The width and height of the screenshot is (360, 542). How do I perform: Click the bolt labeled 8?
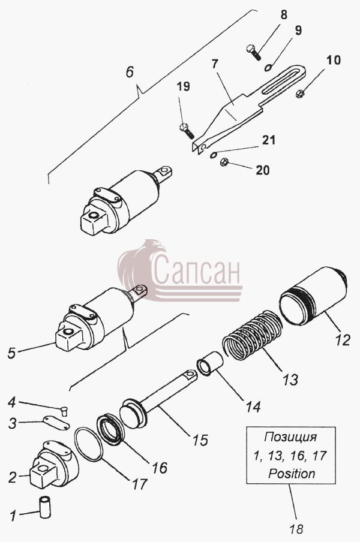pyautogui.click(x=254, y=52)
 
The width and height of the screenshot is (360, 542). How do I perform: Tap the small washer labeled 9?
pyautogui.click(x=268, y=67)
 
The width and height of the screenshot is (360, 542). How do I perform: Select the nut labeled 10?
pyautogui.click(x=300, y=94)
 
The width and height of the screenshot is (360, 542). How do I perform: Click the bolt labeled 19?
pyautogui.click(x=187, y=131)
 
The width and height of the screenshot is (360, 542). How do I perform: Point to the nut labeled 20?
pyautogui.click(x=224, y=161)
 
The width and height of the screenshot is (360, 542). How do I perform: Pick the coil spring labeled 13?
pyautogui.click(x=253, y=335)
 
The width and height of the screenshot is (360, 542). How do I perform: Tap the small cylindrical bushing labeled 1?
pyautogui.click(x=46, y=507)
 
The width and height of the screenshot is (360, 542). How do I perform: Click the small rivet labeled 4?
pyautogui.click(x=64, y=411)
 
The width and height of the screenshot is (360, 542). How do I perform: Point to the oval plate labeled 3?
pyautogui.click(x=56, y=423)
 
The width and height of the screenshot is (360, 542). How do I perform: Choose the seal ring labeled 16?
pyautogui.click(x=110, y=429)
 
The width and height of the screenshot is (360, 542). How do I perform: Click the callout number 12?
pyautogui.click(x=343, y=340)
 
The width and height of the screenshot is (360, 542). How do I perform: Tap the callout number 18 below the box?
pyautogui.click(x=296, y=529)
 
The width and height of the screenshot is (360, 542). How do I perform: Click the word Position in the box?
pyautogui.click(x=292, y=473)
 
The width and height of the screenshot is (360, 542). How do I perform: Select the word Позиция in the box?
pyautogui.click(x=290, y=437)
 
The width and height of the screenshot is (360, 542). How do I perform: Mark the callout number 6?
pyautogui.click(x=130, y=72)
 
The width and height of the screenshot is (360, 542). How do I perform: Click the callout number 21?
pyautogui.click(x=269, y=140)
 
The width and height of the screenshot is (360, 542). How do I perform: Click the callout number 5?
pyautogui.click(x=11, y=353)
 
